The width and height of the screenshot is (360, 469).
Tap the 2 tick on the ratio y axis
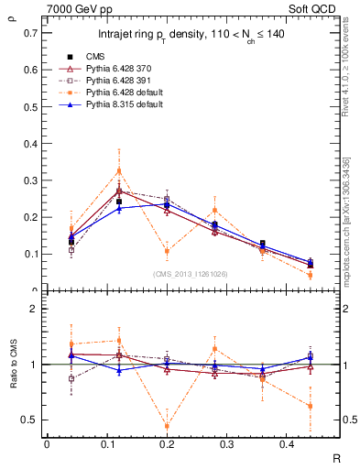(x=35, y=309)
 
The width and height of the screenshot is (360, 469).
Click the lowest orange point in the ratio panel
(x=167, y=426)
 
